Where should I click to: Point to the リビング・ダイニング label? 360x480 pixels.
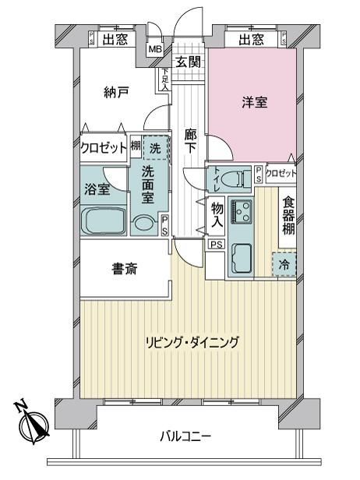(191, 341)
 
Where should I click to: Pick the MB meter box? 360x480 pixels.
(156, 48)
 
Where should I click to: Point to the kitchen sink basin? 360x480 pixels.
(242, 255)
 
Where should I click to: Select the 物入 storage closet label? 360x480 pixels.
(217, 214)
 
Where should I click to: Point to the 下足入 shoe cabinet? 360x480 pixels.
(165, 79)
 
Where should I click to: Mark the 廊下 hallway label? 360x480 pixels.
(189, 140)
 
